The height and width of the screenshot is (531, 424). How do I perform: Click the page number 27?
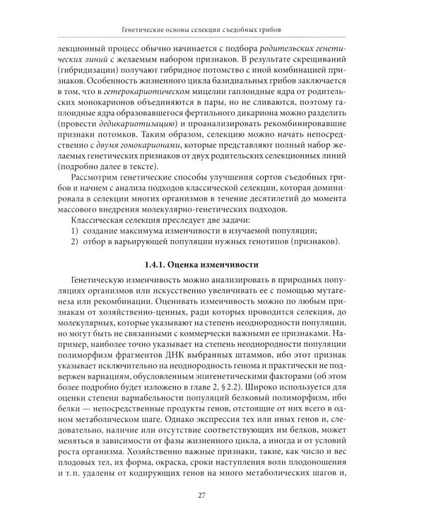212,495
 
